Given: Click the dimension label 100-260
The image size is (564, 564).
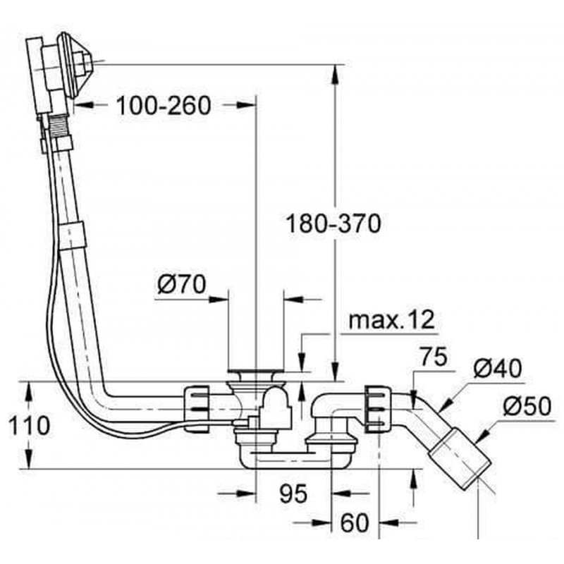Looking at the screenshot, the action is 164,105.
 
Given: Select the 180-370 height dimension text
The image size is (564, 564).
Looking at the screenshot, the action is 333,223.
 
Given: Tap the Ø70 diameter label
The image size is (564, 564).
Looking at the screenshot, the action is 182,284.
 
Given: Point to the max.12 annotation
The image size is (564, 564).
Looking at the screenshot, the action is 392,320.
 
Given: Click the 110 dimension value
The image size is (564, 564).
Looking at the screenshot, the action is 29,426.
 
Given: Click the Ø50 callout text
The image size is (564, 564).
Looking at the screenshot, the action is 527,406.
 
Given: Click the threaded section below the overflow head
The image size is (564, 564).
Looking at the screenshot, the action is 57,125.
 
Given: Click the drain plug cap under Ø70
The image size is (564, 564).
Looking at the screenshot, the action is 256,371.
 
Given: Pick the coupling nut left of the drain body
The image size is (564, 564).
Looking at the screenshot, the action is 197,408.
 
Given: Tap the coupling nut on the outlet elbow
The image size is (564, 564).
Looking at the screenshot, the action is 378,409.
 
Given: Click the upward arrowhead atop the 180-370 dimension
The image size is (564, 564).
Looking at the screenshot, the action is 335,75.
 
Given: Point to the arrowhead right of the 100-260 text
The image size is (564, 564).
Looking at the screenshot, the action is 245,104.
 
